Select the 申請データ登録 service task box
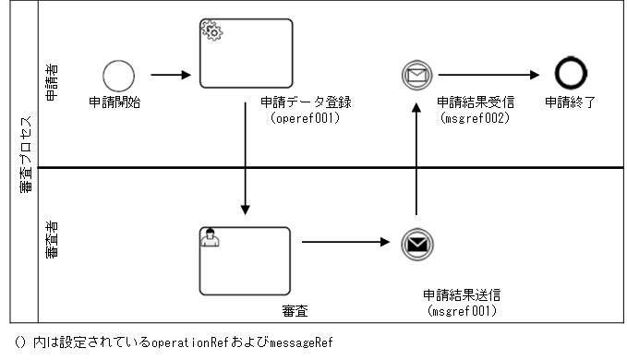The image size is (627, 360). (246, 54)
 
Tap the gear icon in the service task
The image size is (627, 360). (211, 32)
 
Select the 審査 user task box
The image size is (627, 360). (245, 260)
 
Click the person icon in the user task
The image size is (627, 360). (211, 239)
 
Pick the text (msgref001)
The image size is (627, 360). (463, 311)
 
